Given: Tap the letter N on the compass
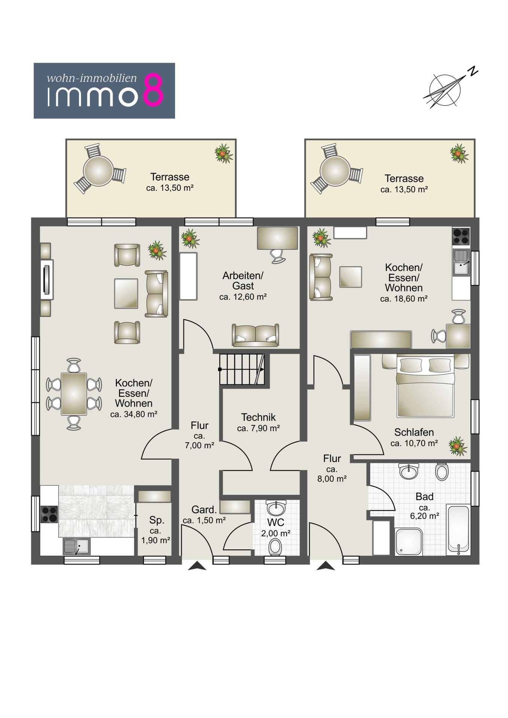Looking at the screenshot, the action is [x=474, y=71].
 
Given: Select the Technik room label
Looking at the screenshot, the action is [x=258, y=417].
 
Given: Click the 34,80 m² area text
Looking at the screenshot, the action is [x=134, y=414].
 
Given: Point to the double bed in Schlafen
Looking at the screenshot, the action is [x=425, y=387].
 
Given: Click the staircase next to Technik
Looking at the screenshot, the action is [x=242, y=369].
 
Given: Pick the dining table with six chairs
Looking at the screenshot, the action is [x=74, y=394].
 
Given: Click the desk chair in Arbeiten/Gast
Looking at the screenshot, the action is [x=277, y=256].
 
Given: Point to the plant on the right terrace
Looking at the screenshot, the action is [x=459, y=153].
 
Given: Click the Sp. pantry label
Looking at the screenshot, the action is [x=156, y=520].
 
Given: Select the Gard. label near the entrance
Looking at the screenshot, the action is [x=204, y=509].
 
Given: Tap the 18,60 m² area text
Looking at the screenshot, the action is [x=404, y=299].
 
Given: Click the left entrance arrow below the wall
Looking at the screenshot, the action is [x=197, y=566].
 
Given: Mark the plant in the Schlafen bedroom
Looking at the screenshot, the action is [x=458, y=446].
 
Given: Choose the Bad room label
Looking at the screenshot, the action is [x=425, y=497].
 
